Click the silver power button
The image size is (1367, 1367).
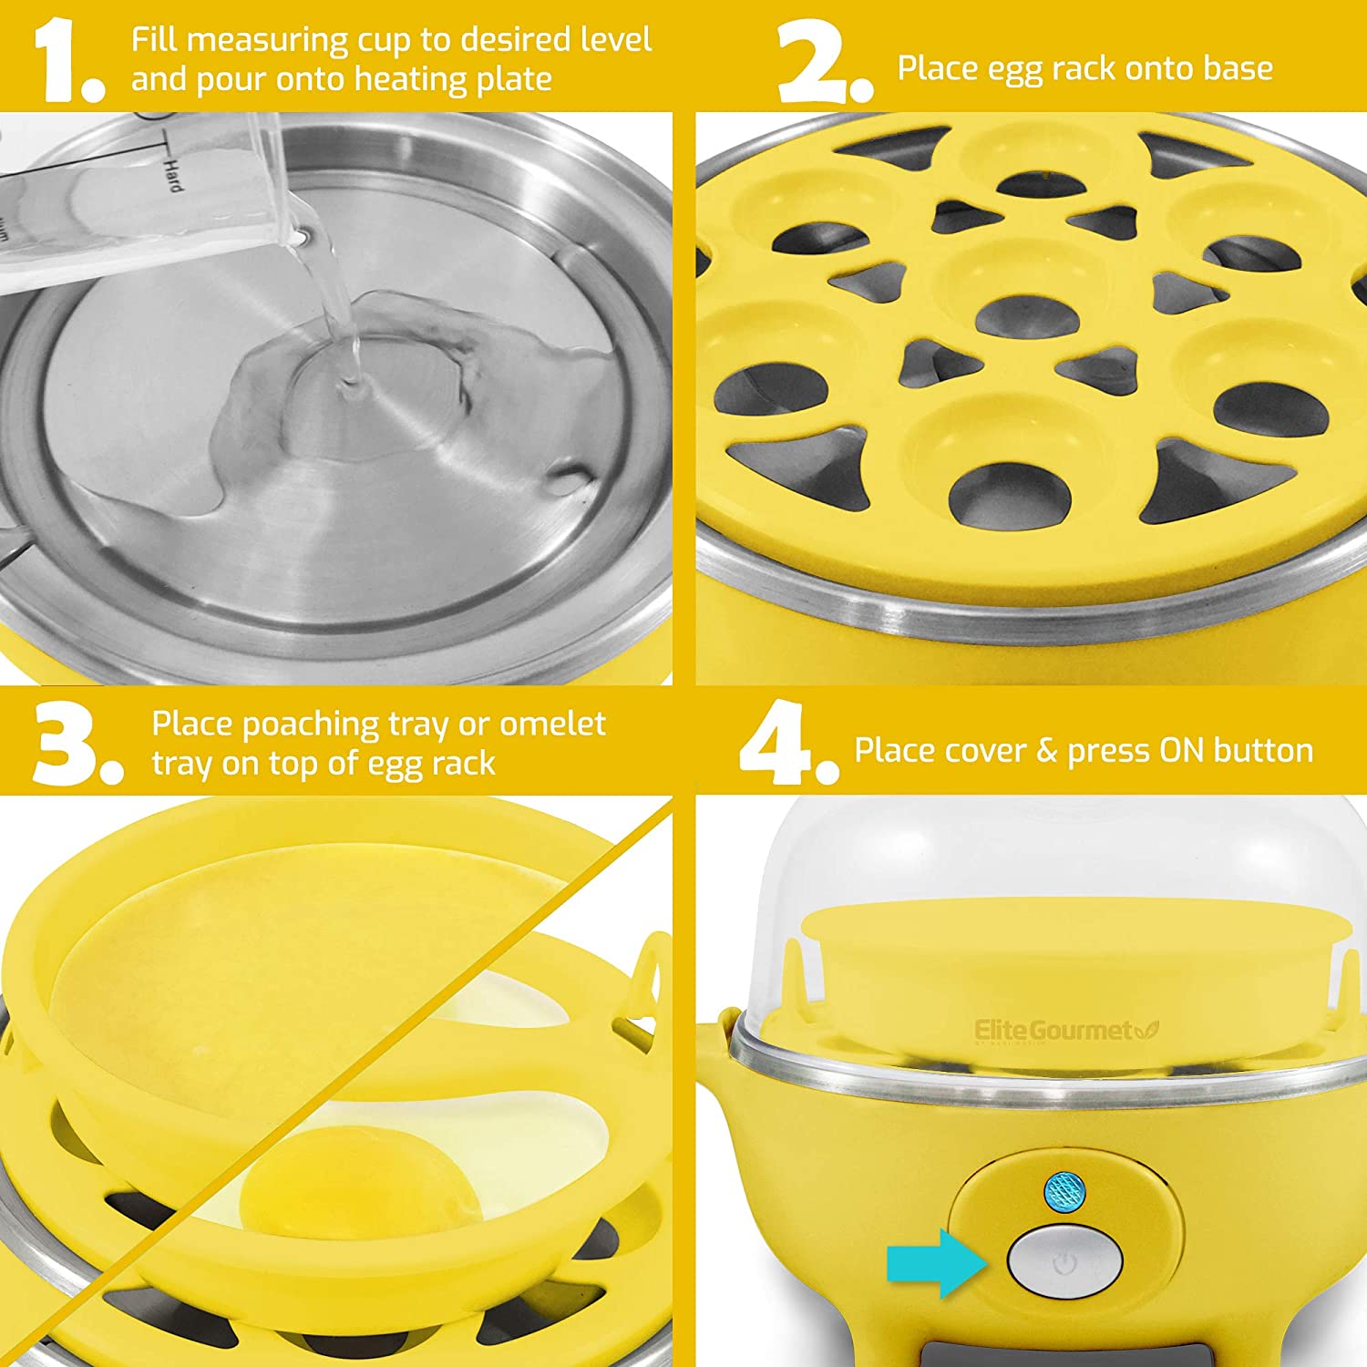pos(1064,1262)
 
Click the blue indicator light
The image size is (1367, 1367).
pos(1063,1188)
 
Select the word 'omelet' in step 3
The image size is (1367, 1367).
pos(552,724)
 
